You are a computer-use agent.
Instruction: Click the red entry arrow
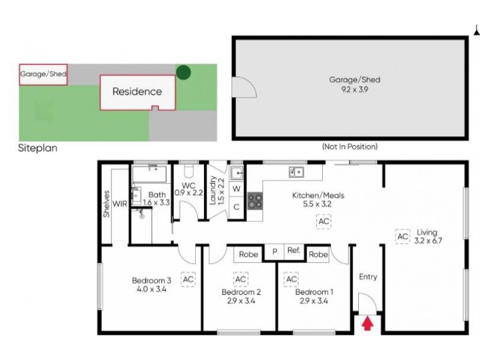click(x=368, y=325)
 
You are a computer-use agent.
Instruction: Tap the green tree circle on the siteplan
click(x=184, y=73)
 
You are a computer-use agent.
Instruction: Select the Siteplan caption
click(x=38, y=148)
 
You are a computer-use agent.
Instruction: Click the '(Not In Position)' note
click(x=350, y=146)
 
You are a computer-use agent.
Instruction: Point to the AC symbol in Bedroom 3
click(x=188, y=279)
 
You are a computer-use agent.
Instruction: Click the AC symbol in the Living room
click(x=401, y=237)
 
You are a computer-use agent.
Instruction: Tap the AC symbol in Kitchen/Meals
click(x=324, y=222)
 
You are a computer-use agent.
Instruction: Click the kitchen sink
click(x=296, y=173)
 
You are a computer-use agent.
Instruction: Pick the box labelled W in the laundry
click(x=236, y=189)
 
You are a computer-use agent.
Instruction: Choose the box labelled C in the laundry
click(x=236, y=206)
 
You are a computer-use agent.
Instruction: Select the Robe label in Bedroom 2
click(x=248, y=254)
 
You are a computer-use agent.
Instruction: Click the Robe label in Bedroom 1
click(x=319, y=254)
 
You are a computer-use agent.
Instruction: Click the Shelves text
click(x=107, y=204)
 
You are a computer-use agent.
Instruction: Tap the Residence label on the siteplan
click(x=137, y=92)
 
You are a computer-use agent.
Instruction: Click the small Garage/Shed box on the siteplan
click(x=43, y=75)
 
